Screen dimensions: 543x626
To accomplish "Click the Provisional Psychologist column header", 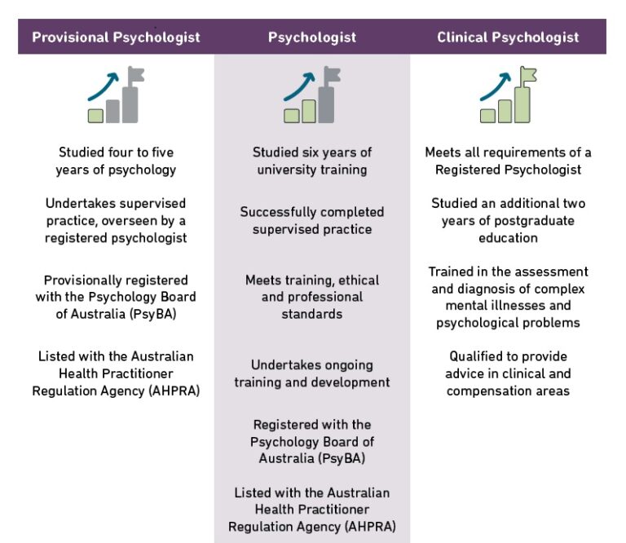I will coord(116,38).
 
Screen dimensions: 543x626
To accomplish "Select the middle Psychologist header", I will coord(312,38).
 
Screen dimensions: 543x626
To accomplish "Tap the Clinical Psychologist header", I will coord(508,38).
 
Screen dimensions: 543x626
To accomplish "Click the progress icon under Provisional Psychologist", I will coord(116,95).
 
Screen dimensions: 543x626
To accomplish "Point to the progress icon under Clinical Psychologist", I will coord(508,95).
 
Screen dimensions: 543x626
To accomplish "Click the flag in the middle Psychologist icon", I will coord(331,75).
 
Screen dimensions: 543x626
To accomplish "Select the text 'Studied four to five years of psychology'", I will coord(116,161).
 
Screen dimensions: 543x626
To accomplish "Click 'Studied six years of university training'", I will coord(312,161).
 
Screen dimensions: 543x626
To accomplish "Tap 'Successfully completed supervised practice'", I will coord(312,220).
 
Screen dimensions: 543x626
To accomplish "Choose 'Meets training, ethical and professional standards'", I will coord(312,297).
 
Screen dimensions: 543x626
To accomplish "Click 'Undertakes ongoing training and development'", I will coord(312,373).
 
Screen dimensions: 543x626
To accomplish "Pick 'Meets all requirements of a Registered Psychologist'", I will coord(508,161).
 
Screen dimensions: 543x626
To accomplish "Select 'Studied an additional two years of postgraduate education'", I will coord(508,220).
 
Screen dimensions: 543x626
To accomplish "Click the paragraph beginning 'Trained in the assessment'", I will coord(508,297).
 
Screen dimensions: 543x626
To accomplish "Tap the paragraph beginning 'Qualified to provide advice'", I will coord(508,373).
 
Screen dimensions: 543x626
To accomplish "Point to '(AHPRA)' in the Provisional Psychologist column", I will coord(170,391).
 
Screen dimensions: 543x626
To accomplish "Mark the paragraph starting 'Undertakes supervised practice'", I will coord(116,220).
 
